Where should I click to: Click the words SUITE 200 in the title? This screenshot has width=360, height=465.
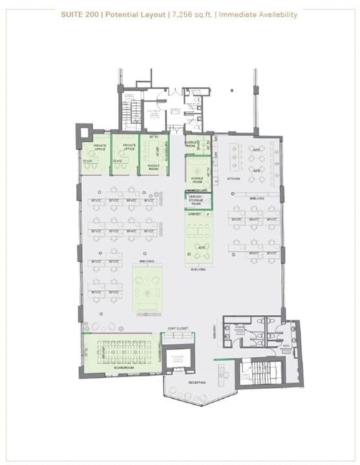coord(79,14)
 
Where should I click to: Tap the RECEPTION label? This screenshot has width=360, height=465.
coord(196,382)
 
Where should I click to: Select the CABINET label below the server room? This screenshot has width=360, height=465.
coord(195,213)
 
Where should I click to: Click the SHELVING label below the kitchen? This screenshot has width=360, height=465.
coord(257,199)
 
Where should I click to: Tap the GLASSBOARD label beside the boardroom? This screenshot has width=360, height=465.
coord(159,351)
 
